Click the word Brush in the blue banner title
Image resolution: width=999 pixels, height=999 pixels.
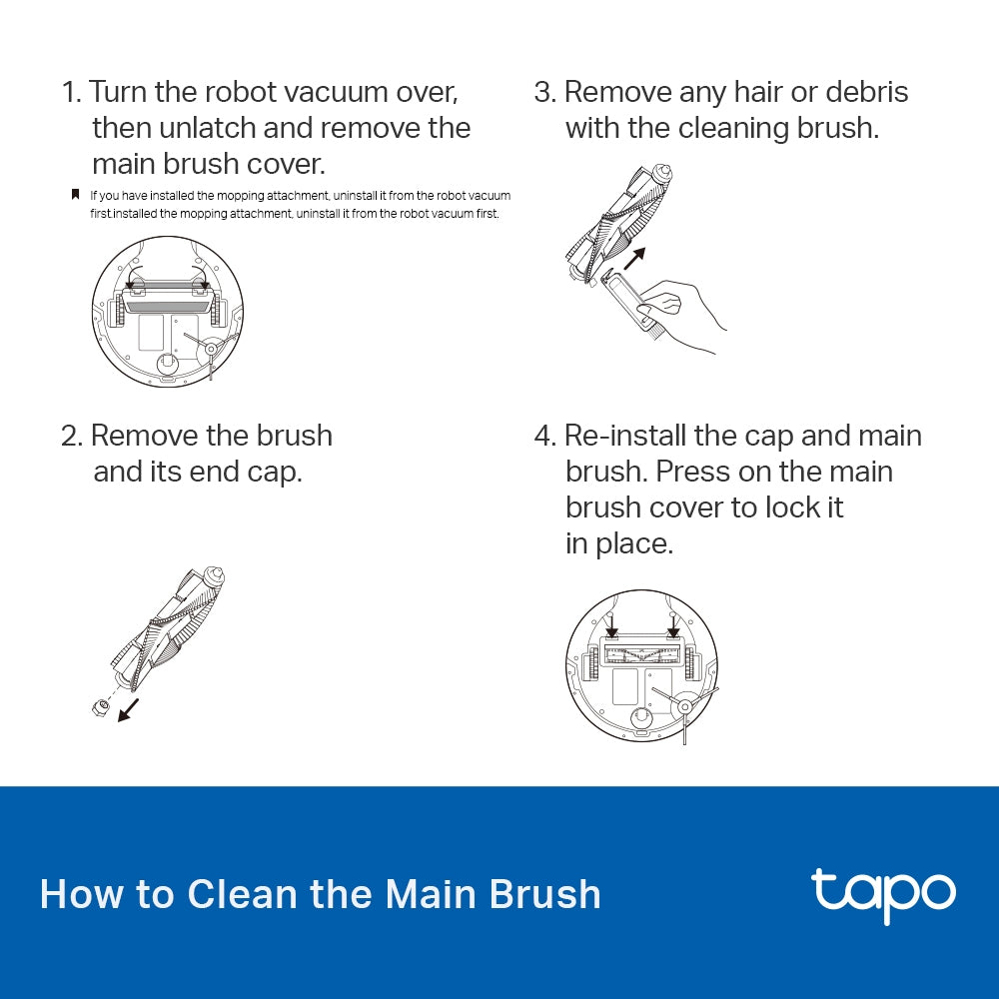click(x=545, y=893)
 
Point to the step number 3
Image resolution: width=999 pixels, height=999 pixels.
click(x=543, y=92)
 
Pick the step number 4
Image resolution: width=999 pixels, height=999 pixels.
click(x=543, y=436)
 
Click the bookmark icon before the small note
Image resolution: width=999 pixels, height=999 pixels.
click(x=75, y=195)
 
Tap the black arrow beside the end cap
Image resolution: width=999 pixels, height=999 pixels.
click(x=128, y=710)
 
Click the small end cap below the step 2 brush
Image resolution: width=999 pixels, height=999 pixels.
click(x=98, y=708)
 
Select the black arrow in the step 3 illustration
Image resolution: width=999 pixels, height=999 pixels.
click(x=633, y=261)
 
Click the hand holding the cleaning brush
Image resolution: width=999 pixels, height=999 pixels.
click(x=684, y=315)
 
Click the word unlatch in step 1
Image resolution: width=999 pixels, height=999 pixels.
click(x=214, y=128)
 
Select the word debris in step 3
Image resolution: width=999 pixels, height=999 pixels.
click(x=860, y=92)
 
